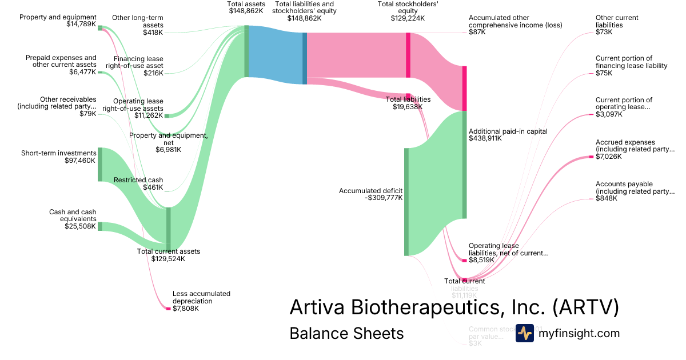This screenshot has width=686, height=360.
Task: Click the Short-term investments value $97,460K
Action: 81,161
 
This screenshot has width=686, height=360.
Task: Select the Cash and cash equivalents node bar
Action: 100,226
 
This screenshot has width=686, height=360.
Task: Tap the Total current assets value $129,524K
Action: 168,259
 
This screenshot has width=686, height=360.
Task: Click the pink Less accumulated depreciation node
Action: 168,309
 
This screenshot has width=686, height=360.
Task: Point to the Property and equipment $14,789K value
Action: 81,24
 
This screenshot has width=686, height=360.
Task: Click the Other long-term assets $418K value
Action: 153,33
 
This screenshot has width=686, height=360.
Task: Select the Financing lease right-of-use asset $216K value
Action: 153,73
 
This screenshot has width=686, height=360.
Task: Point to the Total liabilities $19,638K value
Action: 408,107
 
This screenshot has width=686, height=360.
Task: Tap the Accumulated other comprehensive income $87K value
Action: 477,33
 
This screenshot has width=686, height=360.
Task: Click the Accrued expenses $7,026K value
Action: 607,157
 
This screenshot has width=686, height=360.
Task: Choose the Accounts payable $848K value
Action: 607,198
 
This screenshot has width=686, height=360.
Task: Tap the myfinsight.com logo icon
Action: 524,333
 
